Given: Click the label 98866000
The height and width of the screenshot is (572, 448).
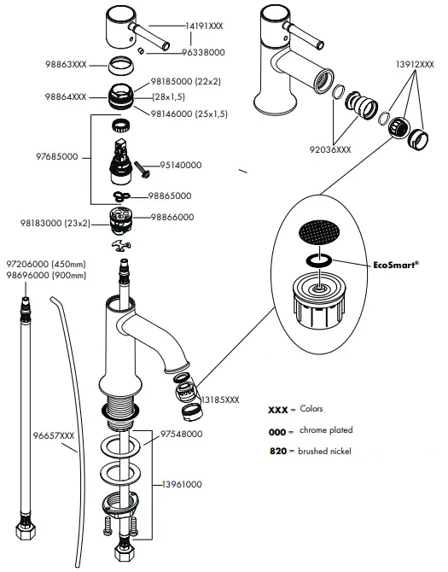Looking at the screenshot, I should point(172,218).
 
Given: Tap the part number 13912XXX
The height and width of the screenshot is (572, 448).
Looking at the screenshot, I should point(416,65).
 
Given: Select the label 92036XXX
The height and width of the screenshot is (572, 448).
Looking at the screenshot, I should point(330,149).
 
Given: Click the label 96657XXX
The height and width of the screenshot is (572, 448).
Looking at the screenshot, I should point(55,436).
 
